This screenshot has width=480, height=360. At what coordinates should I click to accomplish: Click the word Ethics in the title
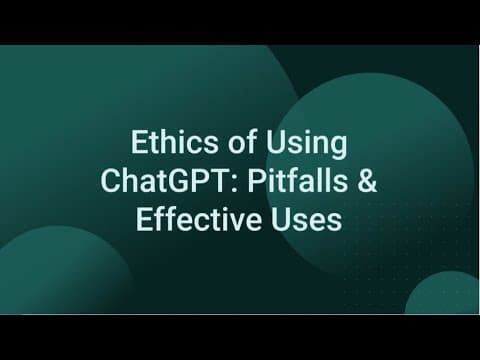tap(174, 142)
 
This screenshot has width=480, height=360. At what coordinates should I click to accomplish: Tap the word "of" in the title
tap(242, 142)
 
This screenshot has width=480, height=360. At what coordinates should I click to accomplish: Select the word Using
tap(306, 145)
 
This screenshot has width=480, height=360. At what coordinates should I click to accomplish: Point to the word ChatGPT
tap(167, 181)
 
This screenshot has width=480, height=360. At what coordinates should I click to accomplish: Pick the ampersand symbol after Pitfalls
tap(367, 181)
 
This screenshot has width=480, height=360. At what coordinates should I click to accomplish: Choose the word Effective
tap(199, 219)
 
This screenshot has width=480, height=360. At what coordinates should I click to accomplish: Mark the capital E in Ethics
tap(139, 143)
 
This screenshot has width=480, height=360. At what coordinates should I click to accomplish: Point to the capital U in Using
tap(275, 143)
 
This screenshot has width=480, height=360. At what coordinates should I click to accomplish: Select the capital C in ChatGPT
tap(110, 181)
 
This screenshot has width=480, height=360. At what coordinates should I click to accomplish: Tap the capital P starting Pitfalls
tap(256, 181)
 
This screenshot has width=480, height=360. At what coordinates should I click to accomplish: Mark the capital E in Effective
tap(144, 220)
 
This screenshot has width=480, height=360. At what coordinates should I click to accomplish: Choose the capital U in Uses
tap(280, 220)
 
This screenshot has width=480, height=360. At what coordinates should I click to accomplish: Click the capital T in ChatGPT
tap(224, 181)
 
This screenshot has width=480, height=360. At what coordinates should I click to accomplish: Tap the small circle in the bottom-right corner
tap(442, 293)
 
